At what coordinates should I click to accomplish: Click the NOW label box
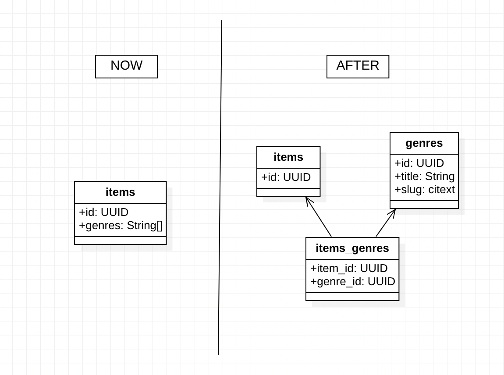point(126,66)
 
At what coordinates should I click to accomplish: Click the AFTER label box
point(358,66)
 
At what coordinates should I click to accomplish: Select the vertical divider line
point(220,188)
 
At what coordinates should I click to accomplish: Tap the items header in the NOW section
point(120,192)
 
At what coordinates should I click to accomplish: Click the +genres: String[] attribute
point(121,226)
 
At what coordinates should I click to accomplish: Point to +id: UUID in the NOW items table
point(104,212)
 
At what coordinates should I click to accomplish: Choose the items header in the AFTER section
point(288,157)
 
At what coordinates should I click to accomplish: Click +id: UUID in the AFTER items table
point(286,177)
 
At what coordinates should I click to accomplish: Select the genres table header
point(424,143)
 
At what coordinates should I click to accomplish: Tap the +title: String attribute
point(424,177)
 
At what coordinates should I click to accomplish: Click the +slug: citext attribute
point(424,190)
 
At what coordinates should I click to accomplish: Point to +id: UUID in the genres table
point(419,163)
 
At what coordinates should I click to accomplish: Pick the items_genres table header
point(352,248)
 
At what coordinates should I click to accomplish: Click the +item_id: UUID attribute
point(349,269)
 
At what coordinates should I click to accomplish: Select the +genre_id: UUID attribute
point(352,282)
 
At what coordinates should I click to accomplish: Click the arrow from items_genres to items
point(319,217)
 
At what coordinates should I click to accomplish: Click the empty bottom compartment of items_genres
point(352,297)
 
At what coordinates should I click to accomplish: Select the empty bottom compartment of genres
point(424,205)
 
